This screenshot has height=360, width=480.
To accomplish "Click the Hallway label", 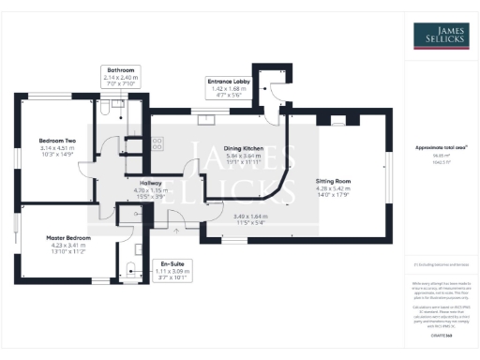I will (x=151, y=183).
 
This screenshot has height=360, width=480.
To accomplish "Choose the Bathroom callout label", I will (x=122, y=69).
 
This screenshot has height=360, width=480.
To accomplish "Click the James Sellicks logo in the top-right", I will (x=441, y=36).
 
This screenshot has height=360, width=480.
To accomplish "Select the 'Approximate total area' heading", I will (x=440, y=147).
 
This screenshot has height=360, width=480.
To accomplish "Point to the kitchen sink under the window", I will (x=205, y=119).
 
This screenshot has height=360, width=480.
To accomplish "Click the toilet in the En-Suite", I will (x=132, y=273).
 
